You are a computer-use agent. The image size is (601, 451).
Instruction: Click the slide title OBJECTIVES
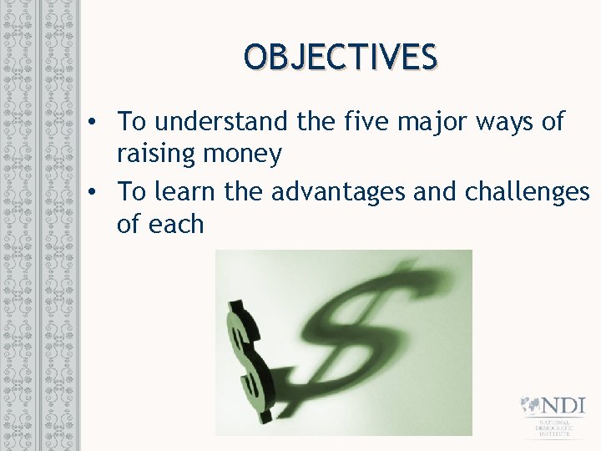[x=341, y=58]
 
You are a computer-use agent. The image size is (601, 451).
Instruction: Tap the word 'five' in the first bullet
[x=370, y=122]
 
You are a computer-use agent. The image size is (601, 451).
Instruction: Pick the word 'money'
[x=245, y=155]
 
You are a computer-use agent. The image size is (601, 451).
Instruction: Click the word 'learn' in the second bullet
[x=185, y=191]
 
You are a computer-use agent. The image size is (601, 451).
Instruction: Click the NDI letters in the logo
[x=563, y=408]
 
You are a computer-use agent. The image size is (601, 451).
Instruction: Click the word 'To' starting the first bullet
[x=132, y=122]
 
